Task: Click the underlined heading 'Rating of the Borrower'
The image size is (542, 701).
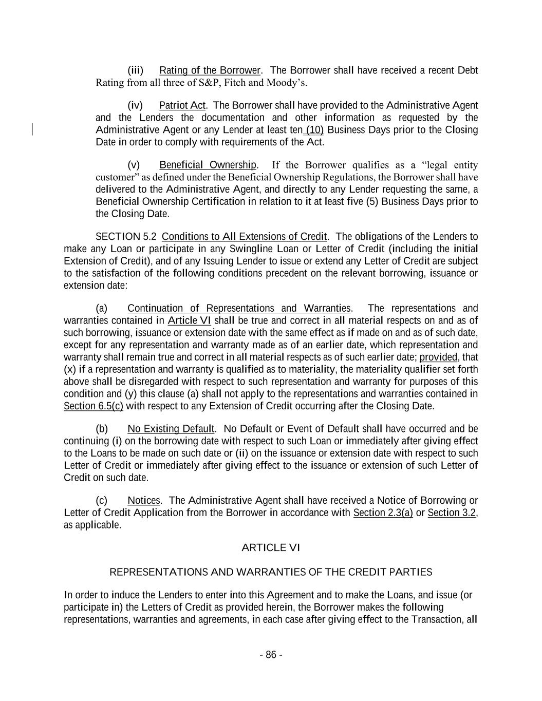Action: (210, 70)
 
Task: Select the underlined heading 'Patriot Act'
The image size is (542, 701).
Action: (182, 106)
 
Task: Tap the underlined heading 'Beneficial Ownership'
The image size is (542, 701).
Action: (208, 165)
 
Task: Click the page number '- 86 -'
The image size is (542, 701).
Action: (271, 655)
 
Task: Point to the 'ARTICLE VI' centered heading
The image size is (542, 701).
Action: (271, 548)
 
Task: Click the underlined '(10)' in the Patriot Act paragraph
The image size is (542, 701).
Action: (314, 130)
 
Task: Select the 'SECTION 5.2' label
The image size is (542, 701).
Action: (126, 237)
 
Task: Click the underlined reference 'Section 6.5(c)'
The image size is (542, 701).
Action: (94, 406)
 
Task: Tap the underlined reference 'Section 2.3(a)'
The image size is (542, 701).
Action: (383, 513)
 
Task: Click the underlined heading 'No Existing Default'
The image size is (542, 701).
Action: (171, 429)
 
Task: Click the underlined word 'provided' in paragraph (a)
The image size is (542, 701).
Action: (438, 357)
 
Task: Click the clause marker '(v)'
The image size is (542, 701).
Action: (134, 165)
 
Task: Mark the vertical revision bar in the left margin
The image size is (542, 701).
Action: (33, 129)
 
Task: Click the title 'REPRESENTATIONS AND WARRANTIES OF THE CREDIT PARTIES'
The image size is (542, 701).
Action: (271, 572)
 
